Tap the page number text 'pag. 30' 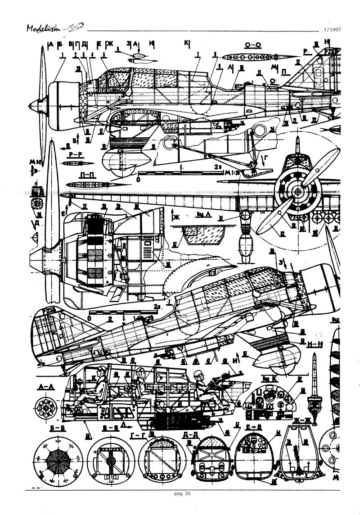coord(182,493)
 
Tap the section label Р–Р coord(75,154)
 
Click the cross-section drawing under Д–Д coord(211,461)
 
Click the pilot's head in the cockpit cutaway coord(103,372)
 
